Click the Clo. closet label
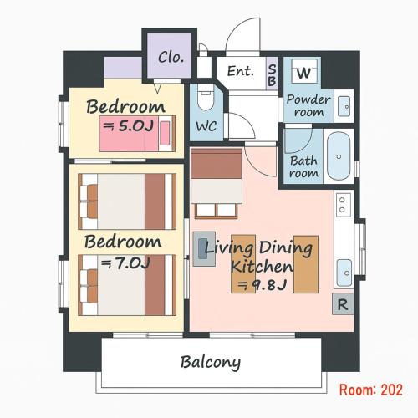[171, 57]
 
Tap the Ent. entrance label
[241, 71]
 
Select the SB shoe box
[272, 74]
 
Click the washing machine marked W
[304, 71]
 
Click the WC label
[206, 126]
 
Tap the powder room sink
[344, 106]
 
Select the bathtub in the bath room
[339, 156]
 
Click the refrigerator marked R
[343, 304]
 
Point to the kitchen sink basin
[344, 273]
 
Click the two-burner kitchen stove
[344, 205]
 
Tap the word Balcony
[211, 362]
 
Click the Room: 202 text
[371, 390]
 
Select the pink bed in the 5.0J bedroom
[137, 134]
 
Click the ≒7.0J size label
[125, 263]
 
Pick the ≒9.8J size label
[262, 284]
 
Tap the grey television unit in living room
[204, 249]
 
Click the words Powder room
[308, 105]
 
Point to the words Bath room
[303, 166]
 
